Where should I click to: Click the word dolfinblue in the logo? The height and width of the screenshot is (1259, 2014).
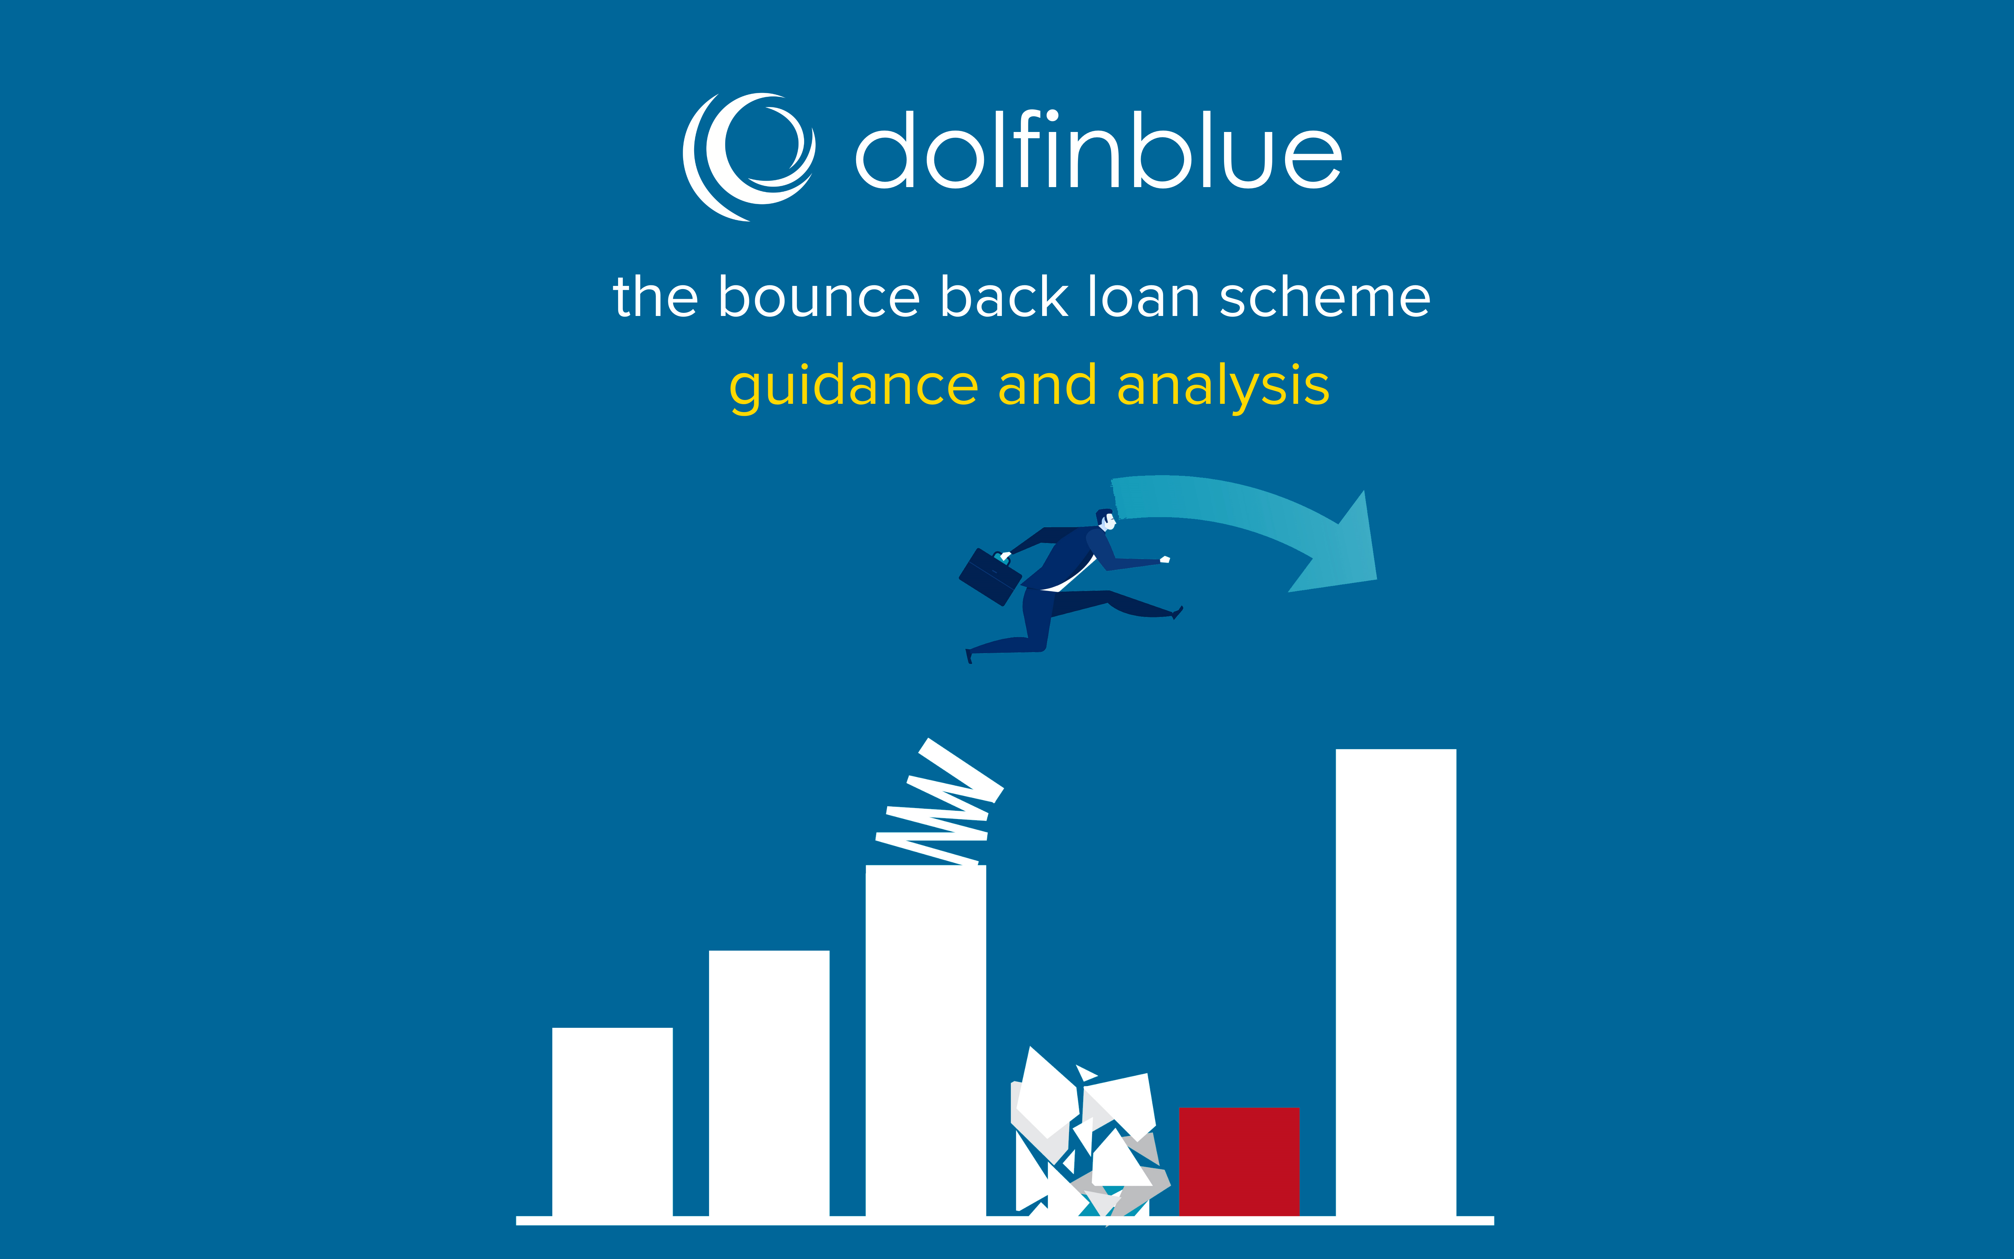pos(1099,150)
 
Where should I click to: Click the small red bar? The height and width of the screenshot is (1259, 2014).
pos(1239,1161)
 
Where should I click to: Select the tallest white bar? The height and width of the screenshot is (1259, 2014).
pos(1395,983)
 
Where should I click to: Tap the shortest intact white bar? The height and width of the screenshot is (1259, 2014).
pos(612,1122)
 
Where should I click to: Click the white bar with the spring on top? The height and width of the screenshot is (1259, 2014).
pos(926,1041)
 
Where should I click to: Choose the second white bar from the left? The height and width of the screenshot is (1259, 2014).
pos(769,1083)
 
